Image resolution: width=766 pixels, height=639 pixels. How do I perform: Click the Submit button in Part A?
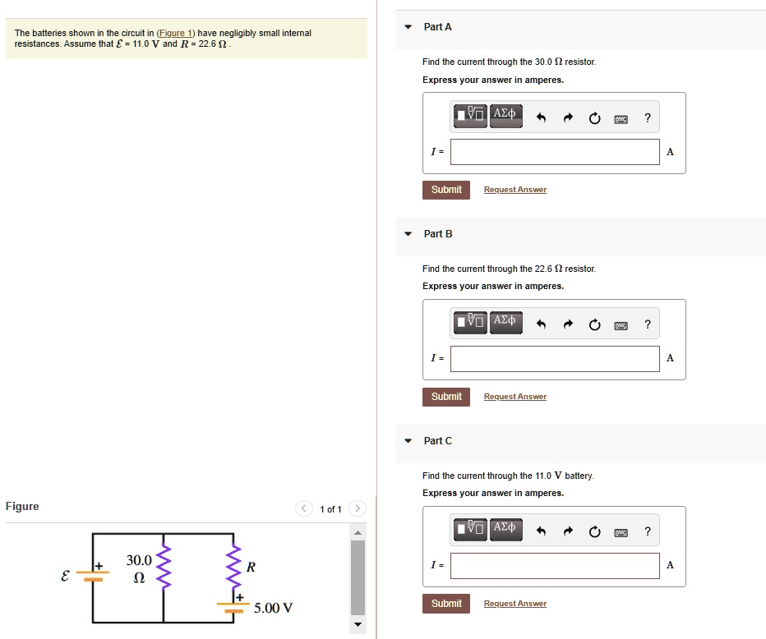click(x=446, y=190)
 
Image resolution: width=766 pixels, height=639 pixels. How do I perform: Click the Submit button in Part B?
click(x=446, y=397)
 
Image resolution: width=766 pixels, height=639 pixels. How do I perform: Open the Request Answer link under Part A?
click(x=515, y=190)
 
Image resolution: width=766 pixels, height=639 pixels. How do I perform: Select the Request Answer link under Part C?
click(x=515, y=604)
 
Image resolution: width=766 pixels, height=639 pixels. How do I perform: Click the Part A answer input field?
click(x=555, y=152)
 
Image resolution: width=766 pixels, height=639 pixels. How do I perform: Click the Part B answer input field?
click(x=555, y=359)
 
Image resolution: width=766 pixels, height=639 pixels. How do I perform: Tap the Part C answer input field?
click(x=555, y=566)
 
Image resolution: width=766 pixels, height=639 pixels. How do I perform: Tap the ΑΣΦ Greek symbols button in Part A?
click(x=505, y=113)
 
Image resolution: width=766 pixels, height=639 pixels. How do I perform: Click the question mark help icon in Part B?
click(x=648, y=324)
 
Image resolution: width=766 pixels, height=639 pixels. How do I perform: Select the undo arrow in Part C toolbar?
click(x=541, y=532)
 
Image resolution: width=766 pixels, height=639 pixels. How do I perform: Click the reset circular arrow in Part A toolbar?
click(x=594, y=118)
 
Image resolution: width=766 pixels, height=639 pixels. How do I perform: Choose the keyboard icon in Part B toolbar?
click(x=621, y=325)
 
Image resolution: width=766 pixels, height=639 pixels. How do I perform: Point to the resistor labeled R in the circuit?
click(x=233, y=567)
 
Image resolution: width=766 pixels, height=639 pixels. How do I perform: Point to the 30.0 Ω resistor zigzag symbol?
click(x=163, y=567)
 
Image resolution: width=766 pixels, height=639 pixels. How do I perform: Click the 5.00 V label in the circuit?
click(x=273, y=609)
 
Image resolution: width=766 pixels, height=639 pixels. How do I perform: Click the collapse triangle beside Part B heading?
click(x=408, y=234)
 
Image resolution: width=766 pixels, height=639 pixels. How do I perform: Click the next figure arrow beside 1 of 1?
click(x=358, y=509)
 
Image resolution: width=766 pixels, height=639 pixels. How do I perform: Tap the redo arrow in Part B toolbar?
click(x=567, y=325)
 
